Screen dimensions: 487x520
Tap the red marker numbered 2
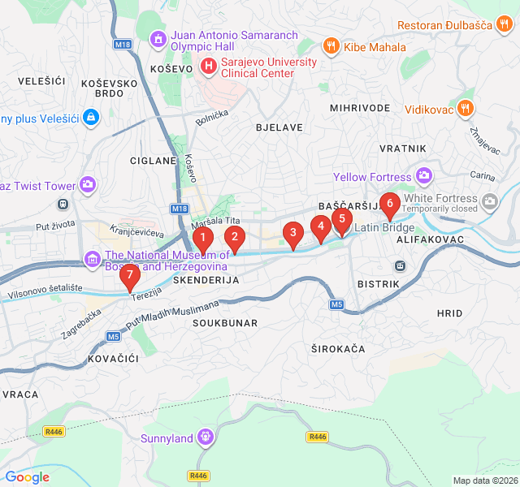point(234,237)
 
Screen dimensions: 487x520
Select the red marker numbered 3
point(292,235)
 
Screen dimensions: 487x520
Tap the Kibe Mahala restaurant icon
point(331,46)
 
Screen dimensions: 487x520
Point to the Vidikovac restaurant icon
point(465,108)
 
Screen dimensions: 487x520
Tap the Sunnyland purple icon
point(206,438)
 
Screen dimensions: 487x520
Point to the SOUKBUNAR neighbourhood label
point(225,323)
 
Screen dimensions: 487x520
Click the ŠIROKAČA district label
point(338,348)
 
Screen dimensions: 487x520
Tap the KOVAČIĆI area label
point(113,358)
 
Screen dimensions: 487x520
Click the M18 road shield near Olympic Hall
point(122,44)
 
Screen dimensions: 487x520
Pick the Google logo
point(27,477)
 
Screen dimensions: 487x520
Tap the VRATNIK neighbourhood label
point(402,148)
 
